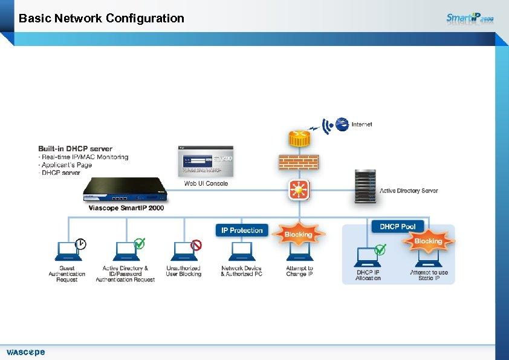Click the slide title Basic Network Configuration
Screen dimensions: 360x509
click(x=102, y=18)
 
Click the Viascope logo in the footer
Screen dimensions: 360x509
click(x=25, y=352)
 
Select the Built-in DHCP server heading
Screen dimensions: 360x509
click(x=75, y=149)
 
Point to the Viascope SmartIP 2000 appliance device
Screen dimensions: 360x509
click(x=125, y=189)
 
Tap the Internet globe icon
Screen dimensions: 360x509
click(x=342, y=124)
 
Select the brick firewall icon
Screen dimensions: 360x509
click(x=297, y=162)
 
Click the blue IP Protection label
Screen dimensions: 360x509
click(x=242, y=231)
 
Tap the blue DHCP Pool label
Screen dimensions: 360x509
click(x=397, y=227)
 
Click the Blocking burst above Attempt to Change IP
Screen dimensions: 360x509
click(x=298, y=234)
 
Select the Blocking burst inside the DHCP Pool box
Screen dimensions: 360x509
click(x=428, y=241)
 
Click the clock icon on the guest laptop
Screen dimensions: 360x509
click(x=80, y=244)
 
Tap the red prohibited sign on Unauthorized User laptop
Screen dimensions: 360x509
click(x=196, y=244)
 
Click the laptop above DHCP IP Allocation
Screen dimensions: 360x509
click(x=368, y=255)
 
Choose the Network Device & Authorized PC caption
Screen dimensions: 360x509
click(x=241, y=271)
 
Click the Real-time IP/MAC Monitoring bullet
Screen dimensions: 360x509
click(x=84, y=157)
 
